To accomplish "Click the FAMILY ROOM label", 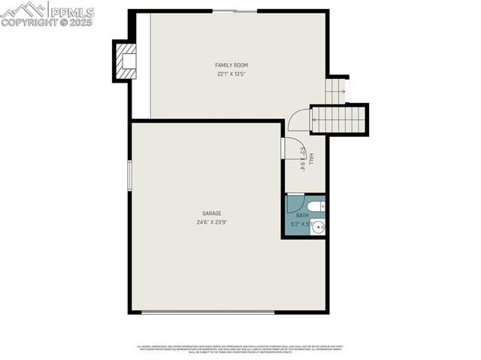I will [x=231, y=65].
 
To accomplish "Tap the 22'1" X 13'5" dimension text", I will [x=231, y=74].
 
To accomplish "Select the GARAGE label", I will [x=211, y=213].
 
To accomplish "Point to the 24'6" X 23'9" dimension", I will [x=211, y=222].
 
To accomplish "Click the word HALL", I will [x=310, y=159].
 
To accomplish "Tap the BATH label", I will [x=301, y=216].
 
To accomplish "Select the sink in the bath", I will [x=319, y=226].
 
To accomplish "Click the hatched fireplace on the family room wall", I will [x=126, y=59].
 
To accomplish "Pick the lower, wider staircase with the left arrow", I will [x=339, y=119].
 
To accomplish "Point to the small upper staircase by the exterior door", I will [x=335, y=91].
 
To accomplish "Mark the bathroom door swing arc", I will [x=295, y=204].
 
